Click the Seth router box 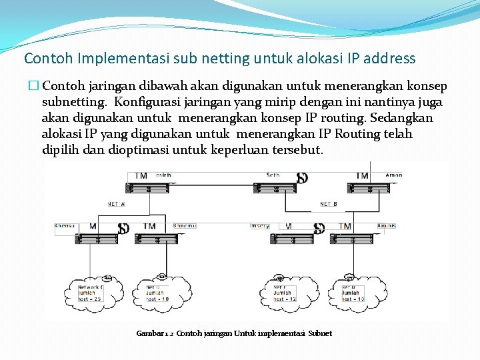[275, 187]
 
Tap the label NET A [116, 204]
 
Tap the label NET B [328, 204]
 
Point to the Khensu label [65, 225]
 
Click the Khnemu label [184, 225]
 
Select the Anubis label [387, 225]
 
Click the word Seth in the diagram [273, 175]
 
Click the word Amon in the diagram [393, 175]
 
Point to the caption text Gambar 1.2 [155, 333]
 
